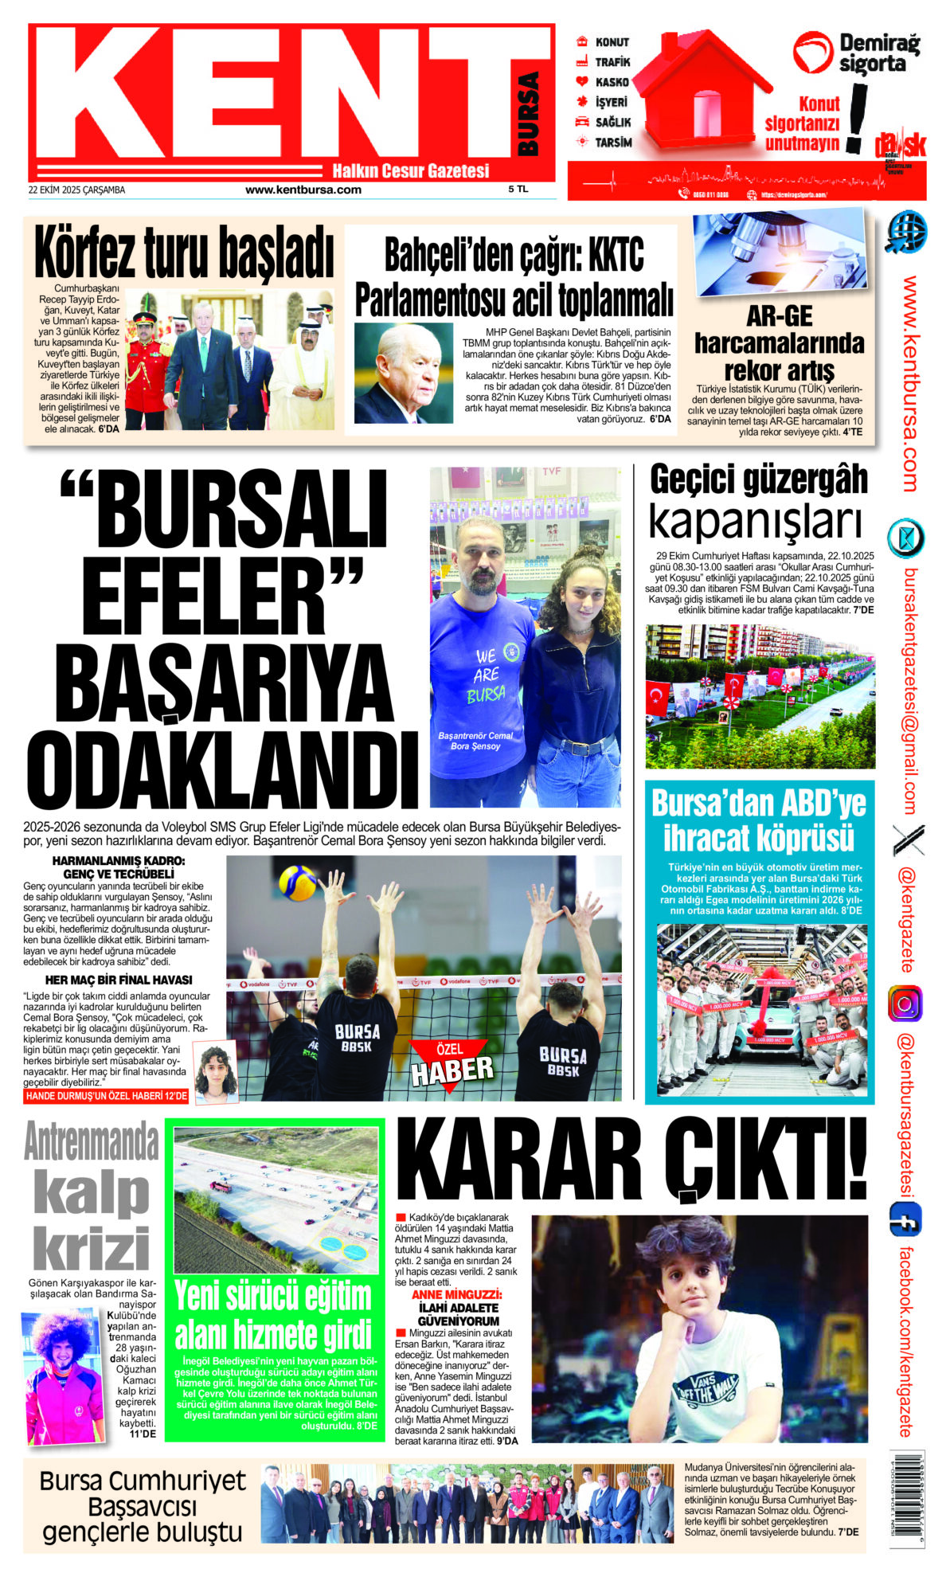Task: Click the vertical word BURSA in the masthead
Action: click(528, 114)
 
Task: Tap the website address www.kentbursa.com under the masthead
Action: click(303, 190)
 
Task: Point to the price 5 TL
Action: click(518, 190)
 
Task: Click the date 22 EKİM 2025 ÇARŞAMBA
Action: click(76, 190)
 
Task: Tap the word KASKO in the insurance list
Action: click(612, 82)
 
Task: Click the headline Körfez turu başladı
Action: click(183, 252)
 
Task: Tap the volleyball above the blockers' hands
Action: click(298, 882)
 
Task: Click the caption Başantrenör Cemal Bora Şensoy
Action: click(475, 741)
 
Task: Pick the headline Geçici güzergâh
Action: click(758, 479)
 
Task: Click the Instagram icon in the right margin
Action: click(905, 1004)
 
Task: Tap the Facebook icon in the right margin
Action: click(905, 1220)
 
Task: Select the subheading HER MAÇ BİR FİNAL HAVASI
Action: click(119, 980)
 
